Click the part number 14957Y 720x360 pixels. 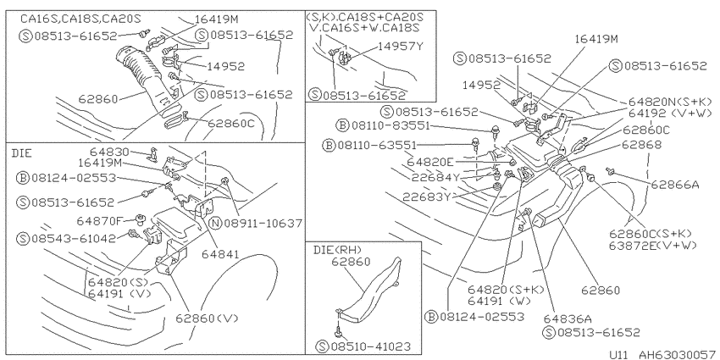tap(401, 47)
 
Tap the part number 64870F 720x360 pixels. tap(100, 221)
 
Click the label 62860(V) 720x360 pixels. tap(208, 318)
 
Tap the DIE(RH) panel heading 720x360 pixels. tap(338, 250)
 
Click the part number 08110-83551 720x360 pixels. tap(390, 125)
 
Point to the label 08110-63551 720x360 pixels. tap(377, 146)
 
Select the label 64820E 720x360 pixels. tap(430, 162)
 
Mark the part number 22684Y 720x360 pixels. tap(435, 178)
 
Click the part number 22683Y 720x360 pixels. tap(427, 197)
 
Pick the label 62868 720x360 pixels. tap(641, 144)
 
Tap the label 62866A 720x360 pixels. tap(675, 185)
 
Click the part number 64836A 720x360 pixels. tap(568, 318)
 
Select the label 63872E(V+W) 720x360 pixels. tap(653, 245)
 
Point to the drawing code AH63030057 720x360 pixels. tap(678, 354)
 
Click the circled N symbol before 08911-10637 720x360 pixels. tap(216, 224)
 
